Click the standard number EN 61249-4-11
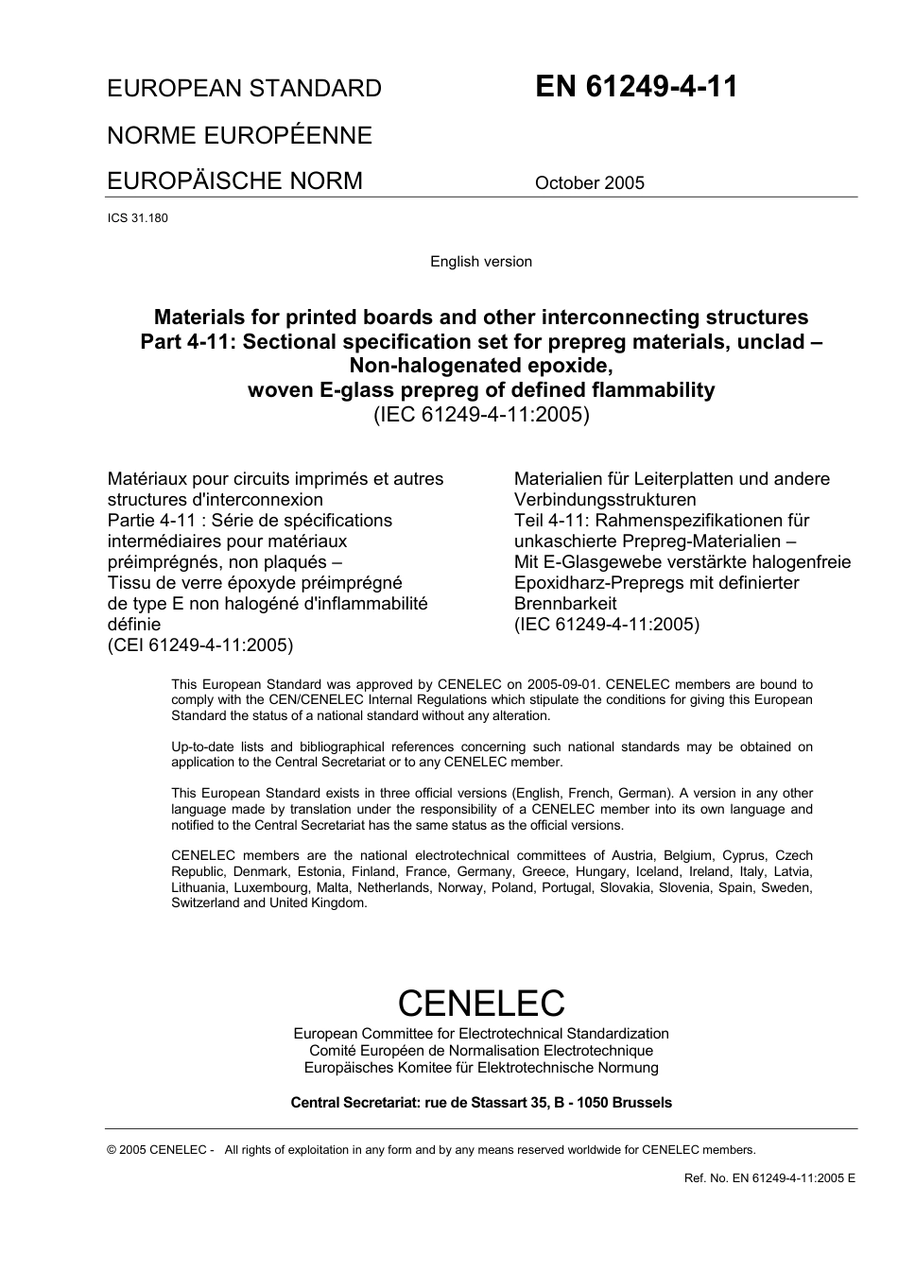coord(636,87)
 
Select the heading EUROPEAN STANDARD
coord(244,89)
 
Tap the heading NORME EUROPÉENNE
coord(239,135)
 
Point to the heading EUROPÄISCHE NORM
coord(234,180)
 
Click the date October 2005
coord(589,183)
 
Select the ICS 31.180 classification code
coord(138,218)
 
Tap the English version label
coord(480,262)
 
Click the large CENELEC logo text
coord(481,1003)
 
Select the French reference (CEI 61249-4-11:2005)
coord(200,645)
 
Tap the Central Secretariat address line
coord(481,1103)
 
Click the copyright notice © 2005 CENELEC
coord(162,1150)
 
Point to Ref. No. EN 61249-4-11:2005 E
coord(768,1178)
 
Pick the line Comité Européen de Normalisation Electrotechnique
coord(481,1051)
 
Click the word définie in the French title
coord(134,625)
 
